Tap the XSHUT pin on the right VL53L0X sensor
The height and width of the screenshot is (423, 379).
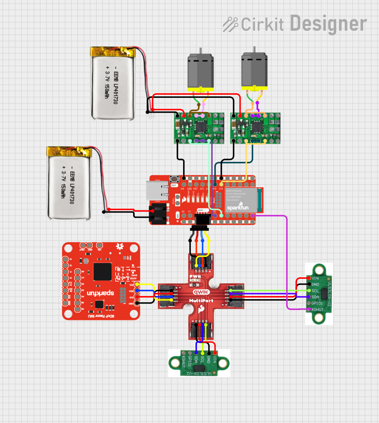[x=308, y=309]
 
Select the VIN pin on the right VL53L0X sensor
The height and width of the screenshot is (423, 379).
[x=308, y=278]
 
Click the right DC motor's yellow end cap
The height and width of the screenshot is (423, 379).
[x=254, y=89]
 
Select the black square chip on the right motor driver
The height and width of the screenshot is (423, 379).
[x=257, y=127]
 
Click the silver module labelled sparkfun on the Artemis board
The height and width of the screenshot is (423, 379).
[x=241, y=200]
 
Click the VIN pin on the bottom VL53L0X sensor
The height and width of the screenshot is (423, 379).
[x=215, y=352]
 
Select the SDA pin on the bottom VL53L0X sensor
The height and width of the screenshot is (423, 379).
[x=196, y=352]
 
